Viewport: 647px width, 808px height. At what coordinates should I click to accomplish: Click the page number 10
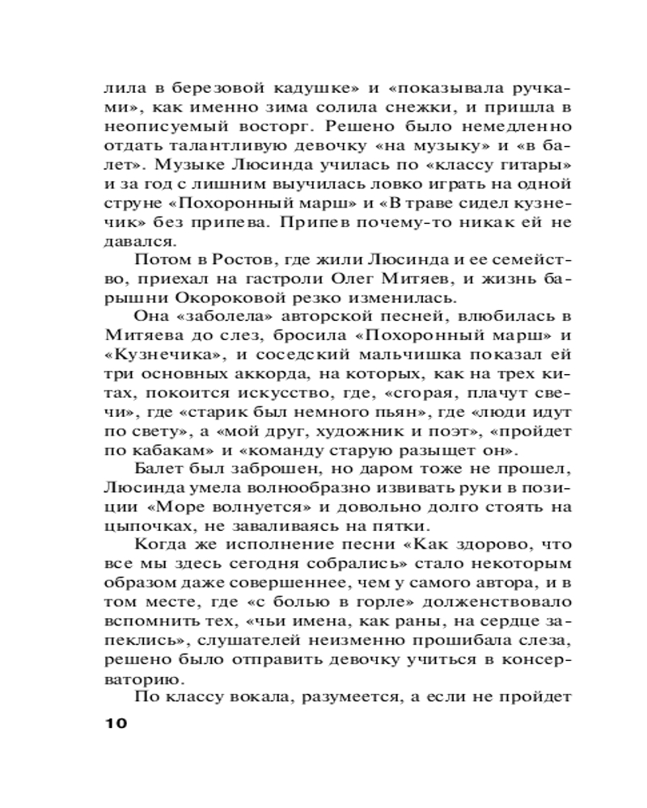(x=112, y=722)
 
